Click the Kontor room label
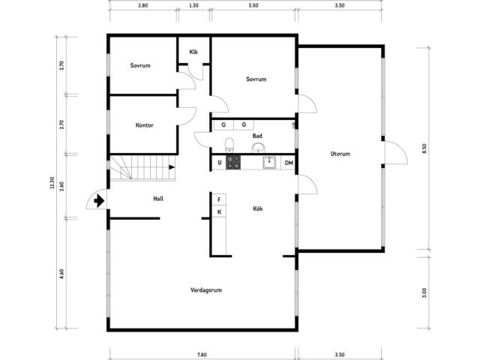click(144, 125)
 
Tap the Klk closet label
click(193, 52)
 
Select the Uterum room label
click(340, 154)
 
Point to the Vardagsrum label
click(206, 290)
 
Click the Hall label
click(158, 199)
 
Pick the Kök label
click(258, 208)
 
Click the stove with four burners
click(233, 162)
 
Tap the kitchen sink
click(269, 162)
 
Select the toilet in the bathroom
click(229, 145)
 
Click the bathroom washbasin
click(258, 148)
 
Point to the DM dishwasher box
click(288, 163)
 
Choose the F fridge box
click(219, 199)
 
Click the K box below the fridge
click(219, 211)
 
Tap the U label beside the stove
click(220, 163)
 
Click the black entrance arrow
click(99, 201)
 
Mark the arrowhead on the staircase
click(172, 167)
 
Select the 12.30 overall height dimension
click(52, 183)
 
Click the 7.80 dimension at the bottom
click(202, 355)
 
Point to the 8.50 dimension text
click(424, 148)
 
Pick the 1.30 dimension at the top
click(193, 5)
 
